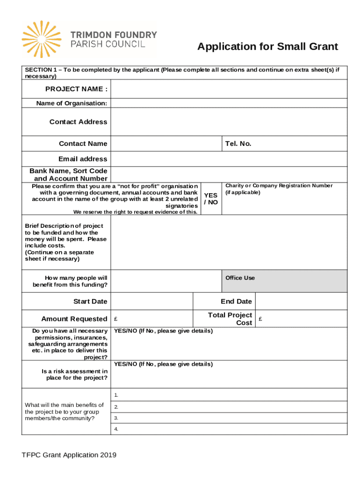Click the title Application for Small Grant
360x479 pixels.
click(267, 47)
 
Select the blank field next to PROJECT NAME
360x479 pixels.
click(229, 89)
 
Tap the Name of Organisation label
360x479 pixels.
click(72, 103)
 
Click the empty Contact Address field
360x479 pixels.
click(229, 122)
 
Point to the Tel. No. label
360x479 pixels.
click(238, 144)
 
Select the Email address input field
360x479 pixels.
click(229, 159)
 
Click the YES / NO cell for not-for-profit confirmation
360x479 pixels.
click(211, 198)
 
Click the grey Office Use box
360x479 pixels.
click(284, 281)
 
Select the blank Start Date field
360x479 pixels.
click(151, 301)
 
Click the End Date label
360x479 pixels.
click(236, 301)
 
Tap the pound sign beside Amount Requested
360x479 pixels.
click(115, 319)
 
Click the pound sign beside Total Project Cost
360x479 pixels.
click(260, 319)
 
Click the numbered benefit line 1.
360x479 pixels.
click(229, 395)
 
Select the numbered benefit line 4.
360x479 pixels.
click(229, 429)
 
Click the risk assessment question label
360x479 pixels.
click(74, 375)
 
